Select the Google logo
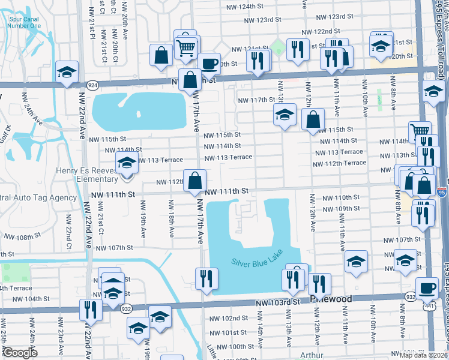point(20,353)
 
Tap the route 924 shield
point(92,86)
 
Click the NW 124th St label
point(247,7)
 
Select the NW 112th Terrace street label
point(339,163)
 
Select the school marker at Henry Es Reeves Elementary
point(127,163)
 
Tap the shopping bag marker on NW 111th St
point(195,181)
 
